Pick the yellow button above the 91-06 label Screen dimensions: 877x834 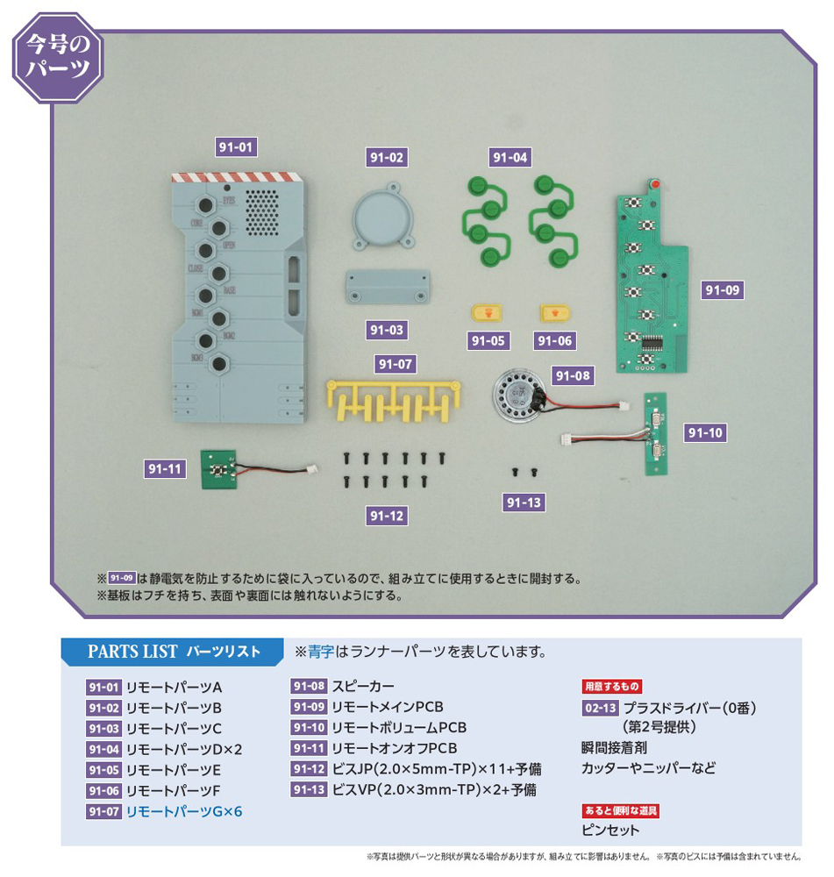(555, 312)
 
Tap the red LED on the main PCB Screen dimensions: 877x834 (653, 183)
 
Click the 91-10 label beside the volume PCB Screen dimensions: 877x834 (706, 433)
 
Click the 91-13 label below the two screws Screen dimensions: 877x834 (524, 503)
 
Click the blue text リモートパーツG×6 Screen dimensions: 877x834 (184, 812)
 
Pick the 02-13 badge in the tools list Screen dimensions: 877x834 (600, 708)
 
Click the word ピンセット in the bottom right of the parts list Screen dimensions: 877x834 (610, 830)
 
